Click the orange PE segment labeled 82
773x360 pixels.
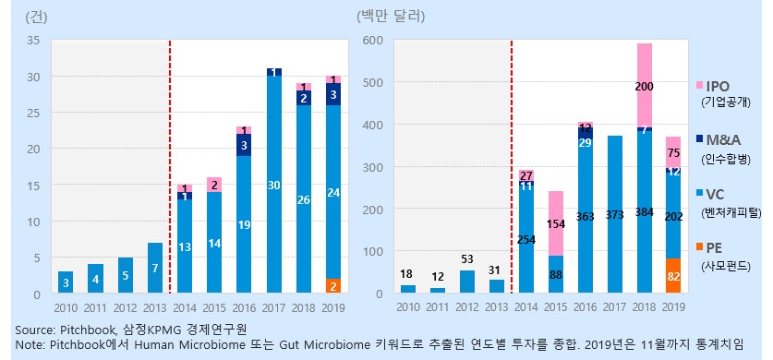(673, 277)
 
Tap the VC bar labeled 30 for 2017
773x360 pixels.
(274, 185)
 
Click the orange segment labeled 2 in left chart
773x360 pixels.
(332, 286)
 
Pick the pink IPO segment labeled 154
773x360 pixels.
(555, 223)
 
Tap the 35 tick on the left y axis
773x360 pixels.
(33, 41)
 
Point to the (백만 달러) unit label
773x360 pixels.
(390, 16)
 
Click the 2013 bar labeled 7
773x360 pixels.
(156, 269)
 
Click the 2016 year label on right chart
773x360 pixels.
(585, 306)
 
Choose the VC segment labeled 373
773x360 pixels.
(614, 215)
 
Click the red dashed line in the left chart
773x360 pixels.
(170, 166)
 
